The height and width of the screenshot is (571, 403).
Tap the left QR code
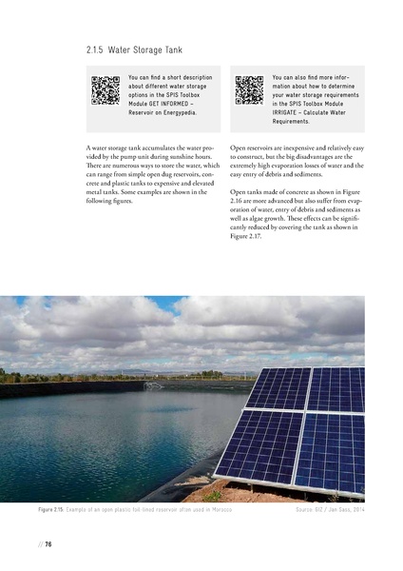coord(106,89)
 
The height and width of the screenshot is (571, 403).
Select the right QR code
coord(249,89)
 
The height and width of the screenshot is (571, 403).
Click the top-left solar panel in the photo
coord(278,387)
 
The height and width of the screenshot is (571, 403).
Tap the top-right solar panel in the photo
coord(336,388)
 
